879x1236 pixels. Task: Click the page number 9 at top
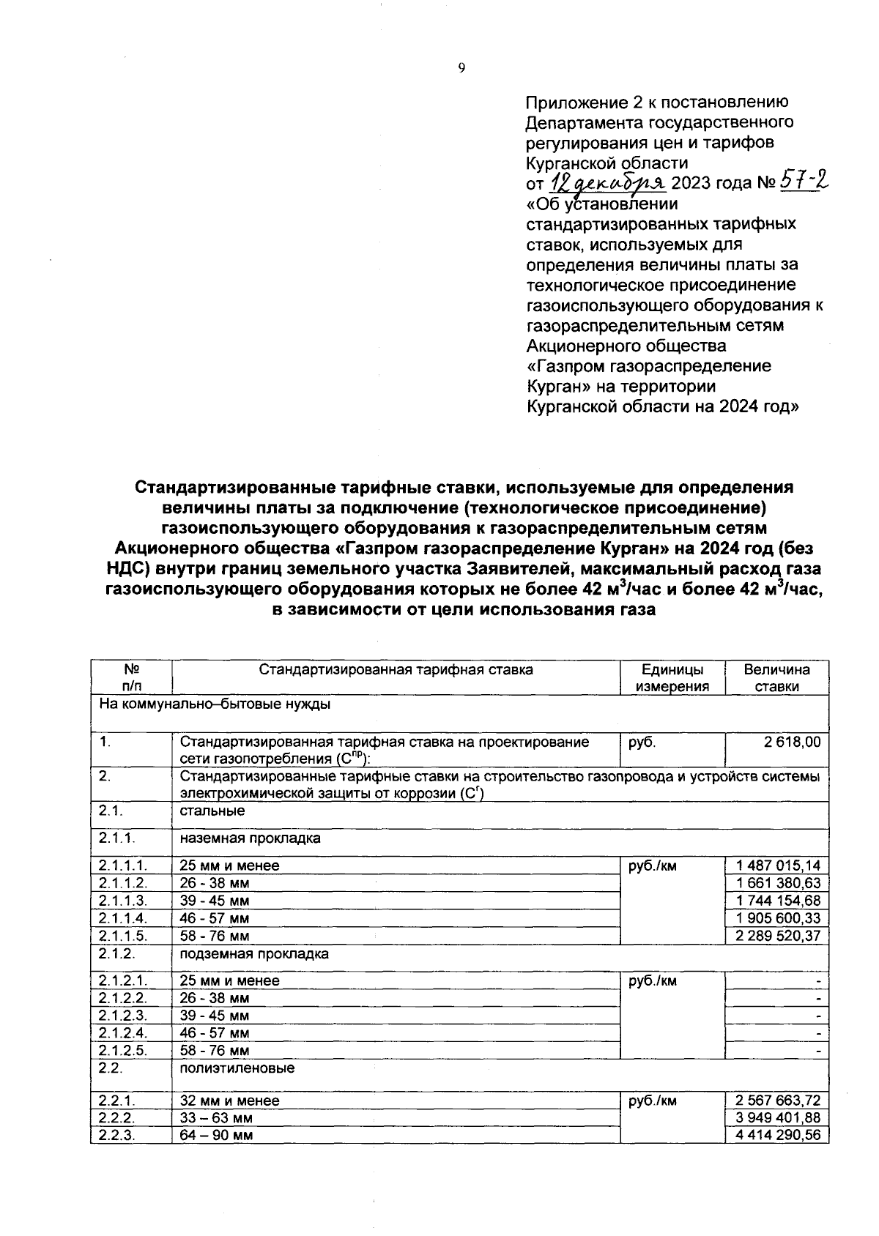tap(461, 68)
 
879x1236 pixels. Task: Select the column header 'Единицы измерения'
tap(672, 677)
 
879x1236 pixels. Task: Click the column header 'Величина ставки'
tap(776, 677)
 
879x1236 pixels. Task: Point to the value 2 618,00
tap(792, 742)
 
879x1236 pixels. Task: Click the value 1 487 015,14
tap(779, 865)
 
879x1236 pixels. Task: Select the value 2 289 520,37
tap(779, 936)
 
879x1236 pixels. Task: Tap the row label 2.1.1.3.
tap(123, 901)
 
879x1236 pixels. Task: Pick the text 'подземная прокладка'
tap(254, 954)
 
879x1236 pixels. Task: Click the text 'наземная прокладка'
tap(250, 838)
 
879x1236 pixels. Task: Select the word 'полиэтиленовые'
tap(237, 1068)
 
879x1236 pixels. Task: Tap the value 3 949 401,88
tap(779, 1118)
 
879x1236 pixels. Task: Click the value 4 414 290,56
tap(779, 1136)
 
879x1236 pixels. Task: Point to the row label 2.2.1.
tap(117, 1101)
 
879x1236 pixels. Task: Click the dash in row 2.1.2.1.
tap(818, 981)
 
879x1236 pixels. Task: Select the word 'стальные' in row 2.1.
tap(212, 811)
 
